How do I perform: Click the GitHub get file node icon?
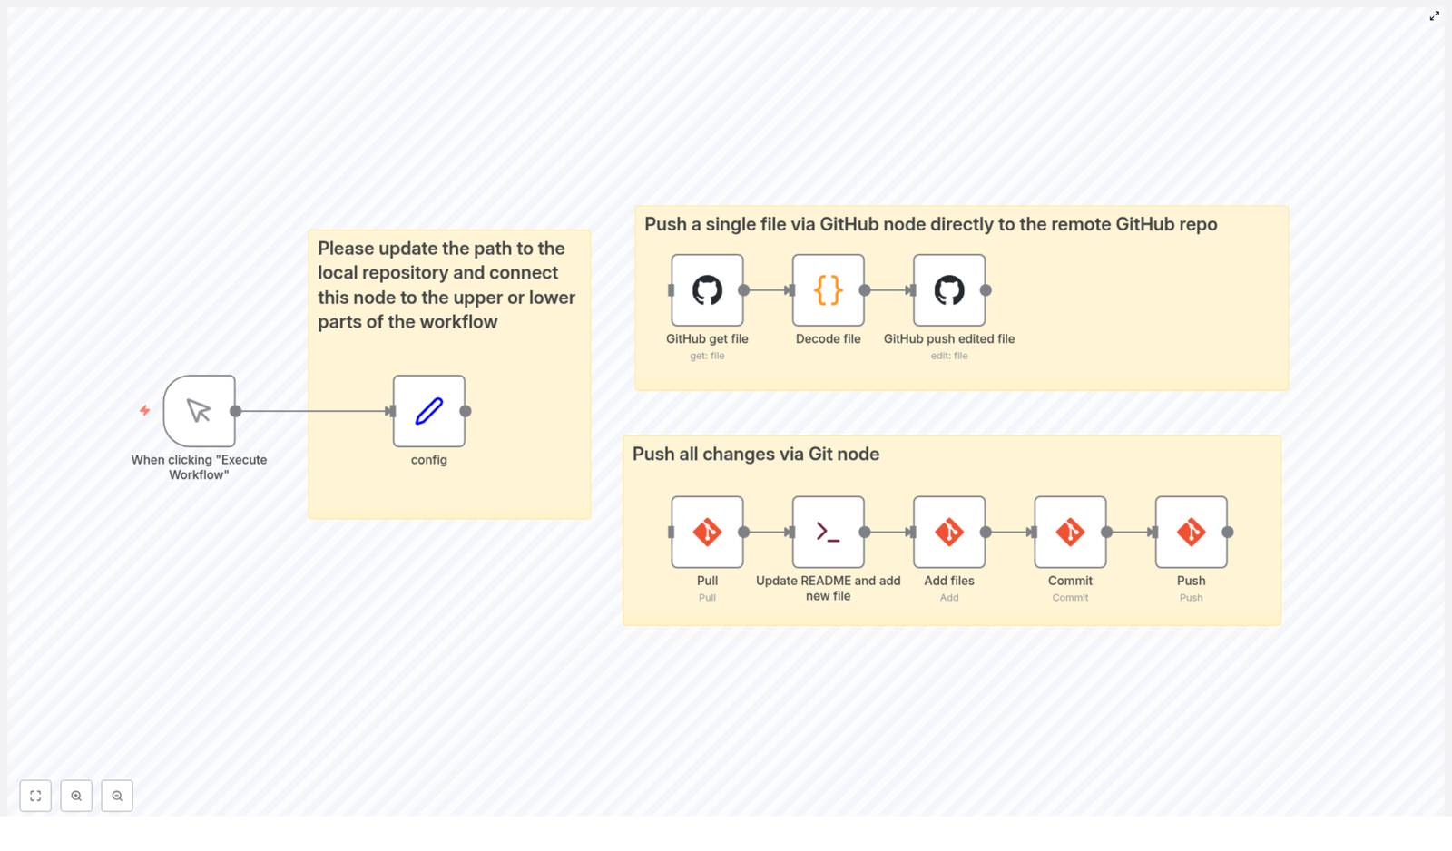pos(707,290)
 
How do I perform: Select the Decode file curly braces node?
pos(828,290)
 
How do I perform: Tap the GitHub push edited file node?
pos(948,290)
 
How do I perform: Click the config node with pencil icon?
pos(428,411)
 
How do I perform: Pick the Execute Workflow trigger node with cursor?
pos(199,411)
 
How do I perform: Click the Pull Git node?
pos(707,532)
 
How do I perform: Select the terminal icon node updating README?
pos(828,532)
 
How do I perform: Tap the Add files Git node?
pos(948,532)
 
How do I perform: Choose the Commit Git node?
pos(1070,532)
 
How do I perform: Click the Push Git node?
pos(1191,532)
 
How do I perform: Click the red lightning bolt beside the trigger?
pos(144,411)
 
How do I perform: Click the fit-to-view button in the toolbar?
pos(35,796)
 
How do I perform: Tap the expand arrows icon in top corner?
pos(1434,16)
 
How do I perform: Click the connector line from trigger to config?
pos(313,411)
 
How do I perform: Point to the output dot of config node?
pos(466,411)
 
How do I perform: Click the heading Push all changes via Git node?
pos(755,454)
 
